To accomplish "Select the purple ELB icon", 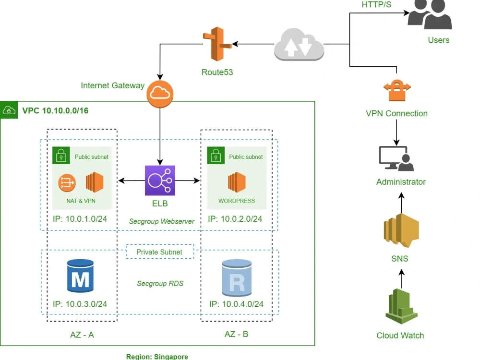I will coord(160,180).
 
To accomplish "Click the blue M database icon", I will coord(80,276).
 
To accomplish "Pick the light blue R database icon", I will coord(237,278).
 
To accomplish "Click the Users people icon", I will coord(430,14).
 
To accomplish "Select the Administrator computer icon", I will coord(396,159).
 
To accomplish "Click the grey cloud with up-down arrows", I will coord(299,45).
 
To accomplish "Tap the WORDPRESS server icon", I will coord(237,182).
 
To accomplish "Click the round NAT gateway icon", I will coord(67,182).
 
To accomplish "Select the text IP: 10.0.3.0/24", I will coord(80,304).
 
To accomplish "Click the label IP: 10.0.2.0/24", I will coord(235,219).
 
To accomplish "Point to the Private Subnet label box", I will coord(160,252).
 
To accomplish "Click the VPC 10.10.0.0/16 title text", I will coord(55,111).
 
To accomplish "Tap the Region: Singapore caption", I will coord(157,357).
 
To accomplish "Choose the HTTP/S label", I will coord(377,5).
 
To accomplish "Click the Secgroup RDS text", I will coord(160,284).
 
